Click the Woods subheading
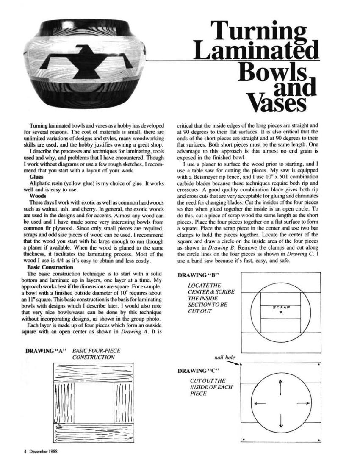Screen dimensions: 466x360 click(38, 196)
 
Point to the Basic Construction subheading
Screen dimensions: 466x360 click(50, 267)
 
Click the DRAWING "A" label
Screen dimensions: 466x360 click(47, 351)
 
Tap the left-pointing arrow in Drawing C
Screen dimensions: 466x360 click(260, 403)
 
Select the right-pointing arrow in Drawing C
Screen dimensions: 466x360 click(302, 403)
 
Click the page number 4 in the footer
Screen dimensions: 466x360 click(25, 452)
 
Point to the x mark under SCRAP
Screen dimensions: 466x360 click(281, 312)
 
